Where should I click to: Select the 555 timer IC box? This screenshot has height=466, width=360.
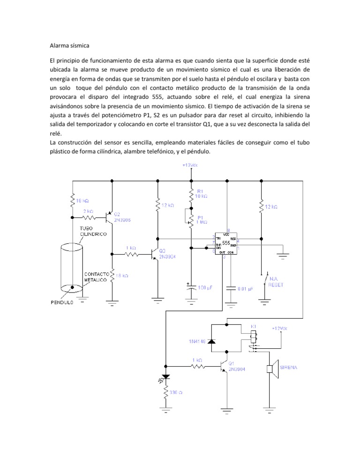point(225,243)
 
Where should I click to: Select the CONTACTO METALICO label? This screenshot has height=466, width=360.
point(97,277)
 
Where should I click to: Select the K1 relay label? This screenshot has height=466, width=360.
point(254,326)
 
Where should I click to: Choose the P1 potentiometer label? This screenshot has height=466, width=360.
point(200,218)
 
